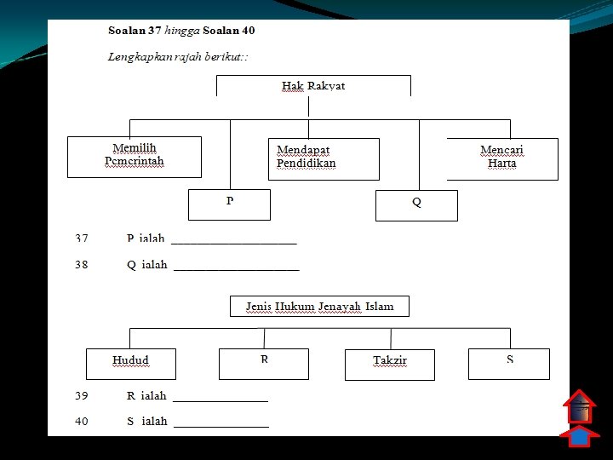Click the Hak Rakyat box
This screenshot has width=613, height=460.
click(313, 86)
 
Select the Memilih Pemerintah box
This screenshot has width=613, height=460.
click(135, 157)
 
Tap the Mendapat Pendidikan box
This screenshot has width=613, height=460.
click(324, 158)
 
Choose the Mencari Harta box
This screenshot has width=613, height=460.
click(502, 158)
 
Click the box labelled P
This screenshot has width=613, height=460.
click(229, 204)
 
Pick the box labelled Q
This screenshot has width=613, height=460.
click(416, 205)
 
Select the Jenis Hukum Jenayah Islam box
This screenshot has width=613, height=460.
click(319, 307)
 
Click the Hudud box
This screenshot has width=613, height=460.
click(130, 363)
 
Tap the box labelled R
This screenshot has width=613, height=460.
click(264, 364)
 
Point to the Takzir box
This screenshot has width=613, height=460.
click(389, 364)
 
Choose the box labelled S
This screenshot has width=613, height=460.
click(509, 364)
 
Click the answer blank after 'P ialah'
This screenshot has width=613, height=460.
click(234, 241)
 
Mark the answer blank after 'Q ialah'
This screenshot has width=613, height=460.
click(237, 267)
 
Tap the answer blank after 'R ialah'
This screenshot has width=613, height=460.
click(220, 398)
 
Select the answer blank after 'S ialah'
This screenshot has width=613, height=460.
click(221, 423)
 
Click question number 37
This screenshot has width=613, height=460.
click(82, 239)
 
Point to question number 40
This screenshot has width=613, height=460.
click(82, 421)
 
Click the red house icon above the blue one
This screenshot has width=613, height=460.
click(579, 407)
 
